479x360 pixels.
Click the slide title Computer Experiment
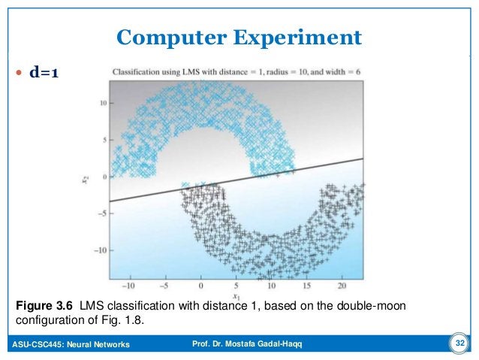tap(239, 36)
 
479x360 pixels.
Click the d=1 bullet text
tap(44, 73)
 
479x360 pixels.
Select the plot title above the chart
tap(235, 71)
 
